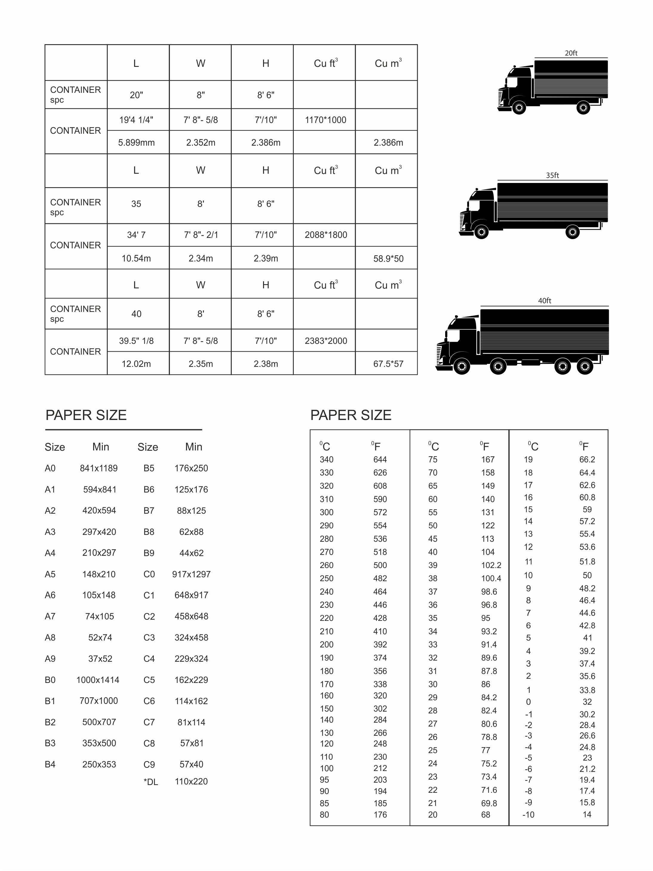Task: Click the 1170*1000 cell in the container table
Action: [325, 120]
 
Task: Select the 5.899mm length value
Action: [136, 143]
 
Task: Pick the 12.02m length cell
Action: [136, 364]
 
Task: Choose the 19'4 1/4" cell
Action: [136, 120]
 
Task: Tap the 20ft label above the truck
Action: [571, 53]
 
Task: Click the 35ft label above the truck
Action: [552, 176]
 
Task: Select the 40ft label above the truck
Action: [544, 301]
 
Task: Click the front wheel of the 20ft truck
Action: [519, 107]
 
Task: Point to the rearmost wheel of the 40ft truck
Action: [585, 367]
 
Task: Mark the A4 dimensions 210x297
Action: [99, 553]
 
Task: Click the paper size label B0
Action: [50, 680]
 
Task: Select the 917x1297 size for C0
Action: [191, 574]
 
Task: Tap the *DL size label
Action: [151, 782]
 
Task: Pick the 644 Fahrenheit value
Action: [380, 459]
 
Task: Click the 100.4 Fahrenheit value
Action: [491, 578]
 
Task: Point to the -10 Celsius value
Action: [528, 815]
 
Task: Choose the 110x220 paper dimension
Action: [191, 782]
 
